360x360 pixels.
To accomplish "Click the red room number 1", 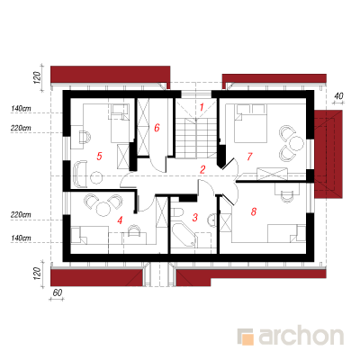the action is point(202,107).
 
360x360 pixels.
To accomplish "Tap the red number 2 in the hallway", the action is point(202,169).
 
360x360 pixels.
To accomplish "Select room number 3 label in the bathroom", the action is point(195,217).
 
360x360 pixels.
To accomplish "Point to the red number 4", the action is point(120,220).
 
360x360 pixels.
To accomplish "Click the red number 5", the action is point(99,156).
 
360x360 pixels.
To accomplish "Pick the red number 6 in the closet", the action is point(157,128).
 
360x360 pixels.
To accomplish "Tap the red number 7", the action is point(249,157).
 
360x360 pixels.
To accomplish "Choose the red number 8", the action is point(254,211).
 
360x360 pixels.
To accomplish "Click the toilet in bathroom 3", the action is point(178,212).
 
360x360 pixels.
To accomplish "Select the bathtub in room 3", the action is point(184,235).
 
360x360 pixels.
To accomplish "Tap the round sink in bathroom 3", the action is point(211,220).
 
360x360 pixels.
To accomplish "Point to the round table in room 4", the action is point(103,208).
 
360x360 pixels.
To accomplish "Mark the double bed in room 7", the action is point(250,123).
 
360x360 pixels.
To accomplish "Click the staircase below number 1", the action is point(196,138).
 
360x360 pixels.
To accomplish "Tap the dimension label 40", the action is point(338,96).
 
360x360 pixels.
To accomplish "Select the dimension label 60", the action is point(57,292).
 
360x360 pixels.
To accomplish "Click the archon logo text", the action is point(301,337).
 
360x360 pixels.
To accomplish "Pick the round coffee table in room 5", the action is point(96,177).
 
